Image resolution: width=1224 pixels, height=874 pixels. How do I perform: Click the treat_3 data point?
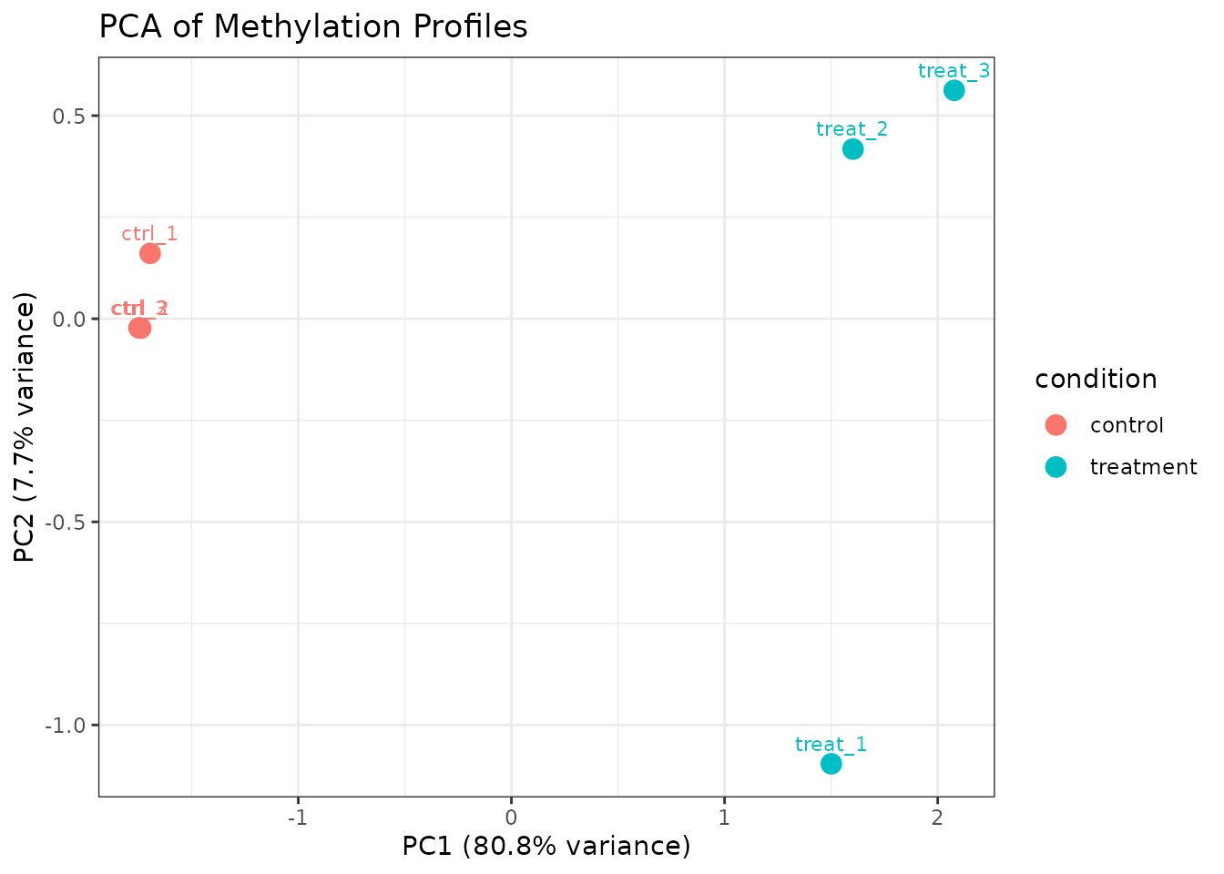tap(954, 90)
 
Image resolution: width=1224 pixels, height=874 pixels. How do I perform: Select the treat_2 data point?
tap(852, 148)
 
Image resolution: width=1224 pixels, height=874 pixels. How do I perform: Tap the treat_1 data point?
tap(831, 764)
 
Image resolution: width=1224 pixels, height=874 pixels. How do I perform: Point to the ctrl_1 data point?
tap(150, 253)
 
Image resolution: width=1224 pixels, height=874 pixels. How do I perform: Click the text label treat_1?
tap(831, 745)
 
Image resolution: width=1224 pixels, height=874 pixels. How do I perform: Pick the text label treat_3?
tap(954, 71)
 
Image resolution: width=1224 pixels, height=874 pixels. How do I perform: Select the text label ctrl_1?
tap(149, 234)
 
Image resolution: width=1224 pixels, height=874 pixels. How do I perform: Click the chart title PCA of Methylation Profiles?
tap(312, 27)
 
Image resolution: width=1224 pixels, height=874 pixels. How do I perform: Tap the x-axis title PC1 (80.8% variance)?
tap(546, 847)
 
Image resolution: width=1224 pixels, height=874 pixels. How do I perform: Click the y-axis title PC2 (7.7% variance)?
tap(25, 427)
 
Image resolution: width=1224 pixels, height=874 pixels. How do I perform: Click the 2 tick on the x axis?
tap(937, 816)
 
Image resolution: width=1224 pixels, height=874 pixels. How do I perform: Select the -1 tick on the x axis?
tap(297, 816)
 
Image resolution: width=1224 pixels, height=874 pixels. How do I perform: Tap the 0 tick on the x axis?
tap(511, 816)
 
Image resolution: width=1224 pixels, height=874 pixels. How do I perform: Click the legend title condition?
tap(1096, 379)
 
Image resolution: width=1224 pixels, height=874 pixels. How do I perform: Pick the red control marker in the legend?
tap(1056, 425)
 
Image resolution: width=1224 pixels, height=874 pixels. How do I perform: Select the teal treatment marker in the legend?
tap(1056, 467)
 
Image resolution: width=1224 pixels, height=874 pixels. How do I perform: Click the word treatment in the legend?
tap(1143, 467)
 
